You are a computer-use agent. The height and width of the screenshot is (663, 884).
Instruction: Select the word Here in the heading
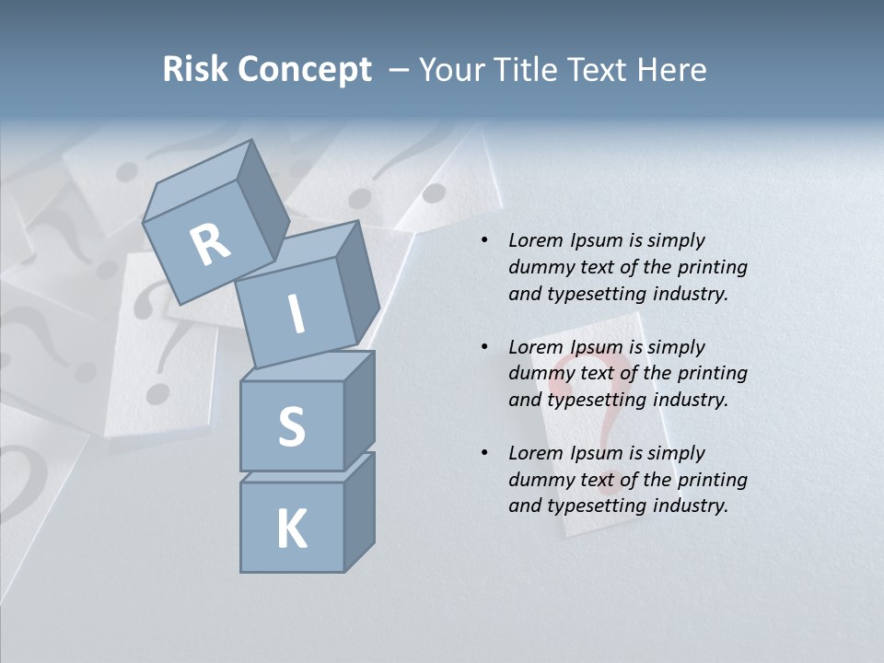click(x=671, y=70)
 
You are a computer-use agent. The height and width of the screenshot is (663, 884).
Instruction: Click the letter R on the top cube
click(x=210, y=245)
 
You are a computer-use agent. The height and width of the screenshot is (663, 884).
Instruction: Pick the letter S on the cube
click(x=291, y=427)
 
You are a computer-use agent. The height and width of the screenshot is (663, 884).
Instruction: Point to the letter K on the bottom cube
click(x=291, y=529)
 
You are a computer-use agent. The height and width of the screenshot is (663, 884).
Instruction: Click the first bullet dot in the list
click(x=484, y=241)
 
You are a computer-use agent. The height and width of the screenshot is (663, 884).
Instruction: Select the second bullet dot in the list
click(x=484, y=347)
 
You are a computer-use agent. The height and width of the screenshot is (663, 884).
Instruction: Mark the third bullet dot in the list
click(x=484, y=453)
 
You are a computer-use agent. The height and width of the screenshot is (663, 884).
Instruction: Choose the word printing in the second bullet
click(x=712, y=373)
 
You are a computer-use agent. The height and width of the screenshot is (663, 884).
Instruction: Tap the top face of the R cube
click(x=198, y=180)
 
